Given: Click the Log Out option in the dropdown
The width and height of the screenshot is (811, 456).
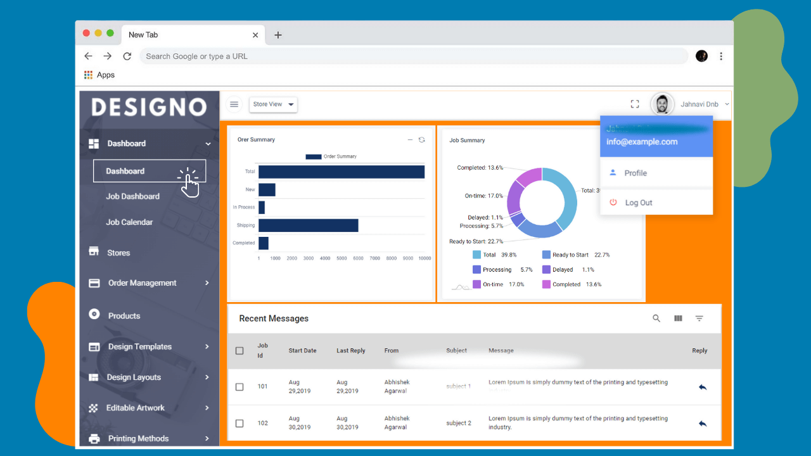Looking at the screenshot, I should point(638,203).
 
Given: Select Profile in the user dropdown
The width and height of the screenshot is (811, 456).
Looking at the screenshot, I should point(635,173).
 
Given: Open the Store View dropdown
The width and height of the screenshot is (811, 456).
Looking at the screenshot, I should point(273,104).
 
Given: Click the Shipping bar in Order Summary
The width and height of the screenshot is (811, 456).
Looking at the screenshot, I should point(308,225).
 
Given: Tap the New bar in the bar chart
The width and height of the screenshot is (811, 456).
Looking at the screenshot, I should point(267,190).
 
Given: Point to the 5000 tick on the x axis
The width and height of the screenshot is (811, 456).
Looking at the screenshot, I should point(342,258).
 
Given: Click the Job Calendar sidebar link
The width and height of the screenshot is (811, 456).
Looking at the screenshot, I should point(129,222).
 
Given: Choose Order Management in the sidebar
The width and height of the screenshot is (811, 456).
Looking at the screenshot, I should point(142,283).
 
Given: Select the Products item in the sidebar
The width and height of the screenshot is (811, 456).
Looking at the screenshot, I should point(124,315).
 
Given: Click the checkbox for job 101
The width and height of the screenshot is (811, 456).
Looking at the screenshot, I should point(239,387).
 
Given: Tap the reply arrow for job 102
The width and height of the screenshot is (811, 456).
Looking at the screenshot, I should point(702,424).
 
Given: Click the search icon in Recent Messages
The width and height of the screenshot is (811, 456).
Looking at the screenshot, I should point(656,319).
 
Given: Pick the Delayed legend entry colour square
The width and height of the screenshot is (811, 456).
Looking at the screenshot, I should point(546,270).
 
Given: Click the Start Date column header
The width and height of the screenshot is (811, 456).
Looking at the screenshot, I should point(302,351).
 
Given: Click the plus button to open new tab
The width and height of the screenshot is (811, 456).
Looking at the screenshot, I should point(278,35).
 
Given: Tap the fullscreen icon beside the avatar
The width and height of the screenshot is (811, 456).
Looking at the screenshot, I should point(635,104).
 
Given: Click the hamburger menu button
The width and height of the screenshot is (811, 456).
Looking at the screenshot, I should point(234,104).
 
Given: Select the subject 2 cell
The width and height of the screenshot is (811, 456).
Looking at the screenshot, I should point(459,423).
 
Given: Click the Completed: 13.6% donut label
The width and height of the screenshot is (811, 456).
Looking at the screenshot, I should point(480,168).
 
